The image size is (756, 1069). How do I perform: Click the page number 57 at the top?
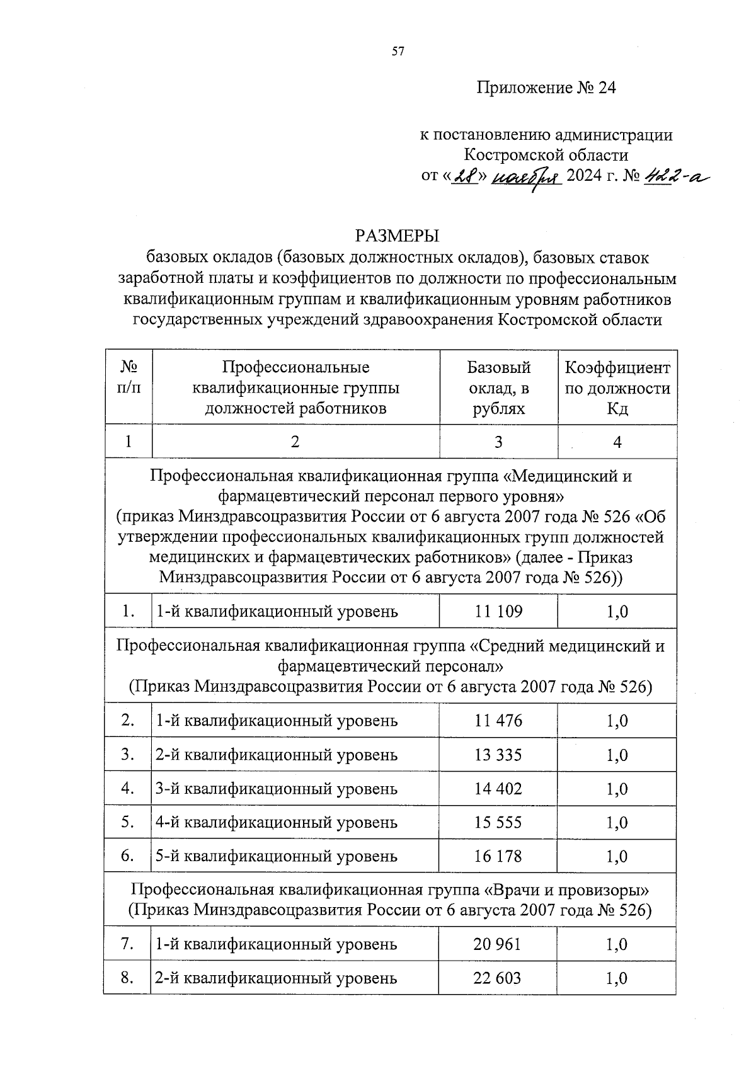click(x=397, y=52)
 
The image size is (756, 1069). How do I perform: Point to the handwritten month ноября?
click(x=527, y=178)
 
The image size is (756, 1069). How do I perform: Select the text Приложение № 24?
click(x=546, y=88)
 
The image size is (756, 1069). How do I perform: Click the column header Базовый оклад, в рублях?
click(x=498, y=388)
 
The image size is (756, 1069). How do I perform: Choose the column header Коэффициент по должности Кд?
click(x=617, y=388)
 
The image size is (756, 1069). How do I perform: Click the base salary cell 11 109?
click(x=498, y=611)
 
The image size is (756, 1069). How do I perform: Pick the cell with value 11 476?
click(x=498, y=721)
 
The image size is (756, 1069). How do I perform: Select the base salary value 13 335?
click(x=498, y=755)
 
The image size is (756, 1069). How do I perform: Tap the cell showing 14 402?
click(x=498, y=789)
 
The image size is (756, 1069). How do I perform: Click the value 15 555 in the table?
click(x=498, y=822)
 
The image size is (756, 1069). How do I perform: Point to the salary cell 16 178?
click(x=498, y=856)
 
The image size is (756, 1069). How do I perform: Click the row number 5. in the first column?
click(x=128, y=822)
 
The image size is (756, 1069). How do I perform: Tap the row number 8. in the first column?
click(x=128, y=978)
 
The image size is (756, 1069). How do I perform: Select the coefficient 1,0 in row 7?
click(x=617, y=944)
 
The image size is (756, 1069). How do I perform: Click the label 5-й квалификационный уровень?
click(x=277, y=856)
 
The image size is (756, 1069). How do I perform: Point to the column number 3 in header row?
click(x=498, y=442)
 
